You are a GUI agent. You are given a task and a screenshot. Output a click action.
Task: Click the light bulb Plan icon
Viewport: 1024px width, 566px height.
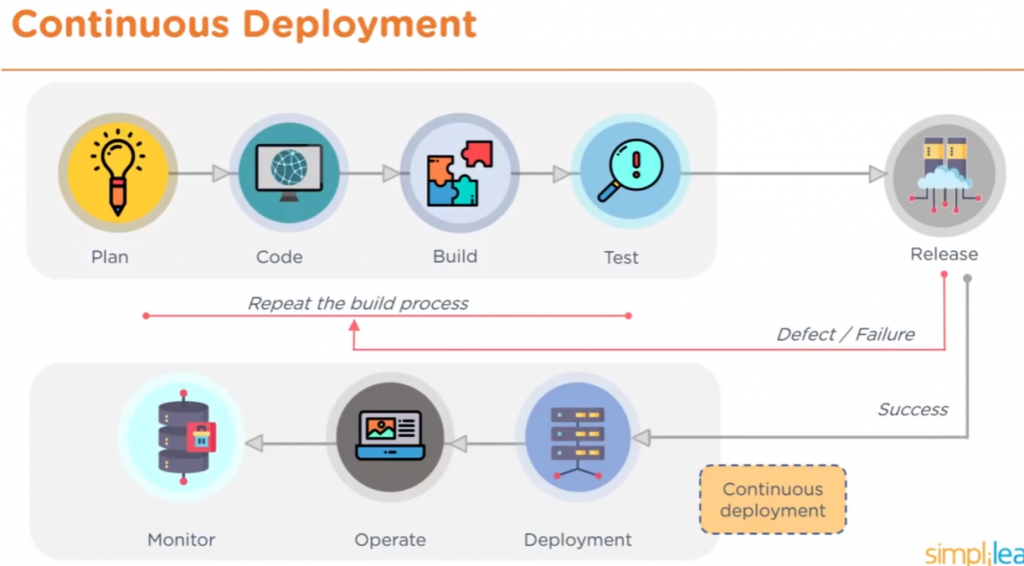click(118, 173)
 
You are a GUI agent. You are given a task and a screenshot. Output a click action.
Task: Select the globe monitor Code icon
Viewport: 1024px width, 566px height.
click(289, 173)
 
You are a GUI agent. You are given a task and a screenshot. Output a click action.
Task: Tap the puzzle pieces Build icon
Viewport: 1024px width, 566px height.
click(460, 173)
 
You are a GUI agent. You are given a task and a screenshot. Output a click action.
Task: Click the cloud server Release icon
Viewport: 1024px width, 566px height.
click(944, 175)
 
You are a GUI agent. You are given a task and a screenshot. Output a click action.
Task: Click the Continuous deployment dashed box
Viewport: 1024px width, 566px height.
click(772, 499)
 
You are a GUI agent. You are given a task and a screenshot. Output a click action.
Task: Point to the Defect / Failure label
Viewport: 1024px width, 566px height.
click(845, 334)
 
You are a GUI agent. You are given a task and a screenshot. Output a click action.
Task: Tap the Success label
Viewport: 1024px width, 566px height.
click(912, 409)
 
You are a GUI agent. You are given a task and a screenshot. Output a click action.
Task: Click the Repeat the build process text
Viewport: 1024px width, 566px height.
click(358, 303)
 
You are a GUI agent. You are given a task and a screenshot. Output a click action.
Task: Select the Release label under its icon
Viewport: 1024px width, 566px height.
click(944, 254)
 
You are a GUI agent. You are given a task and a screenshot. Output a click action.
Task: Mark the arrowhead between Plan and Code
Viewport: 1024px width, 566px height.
click(221, 174)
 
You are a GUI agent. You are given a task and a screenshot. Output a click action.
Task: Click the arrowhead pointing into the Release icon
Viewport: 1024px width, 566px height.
click(877, 174)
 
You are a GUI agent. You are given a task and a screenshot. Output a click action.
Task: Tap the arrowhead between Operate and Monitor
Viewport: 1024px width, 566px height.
click(255, 442)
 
